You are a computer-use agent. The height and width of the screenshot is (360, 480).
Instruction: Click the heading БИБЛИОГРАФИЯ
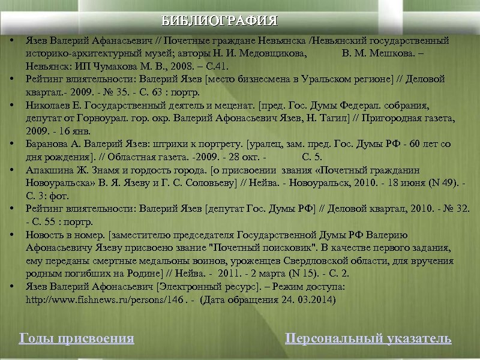click(220, 21)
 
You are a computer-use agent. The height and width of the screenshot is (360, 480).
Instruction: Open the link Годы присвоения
click(77, 338)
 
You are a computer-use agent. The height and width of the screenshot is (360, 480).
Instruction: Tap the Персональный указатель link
click(368, 338)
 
